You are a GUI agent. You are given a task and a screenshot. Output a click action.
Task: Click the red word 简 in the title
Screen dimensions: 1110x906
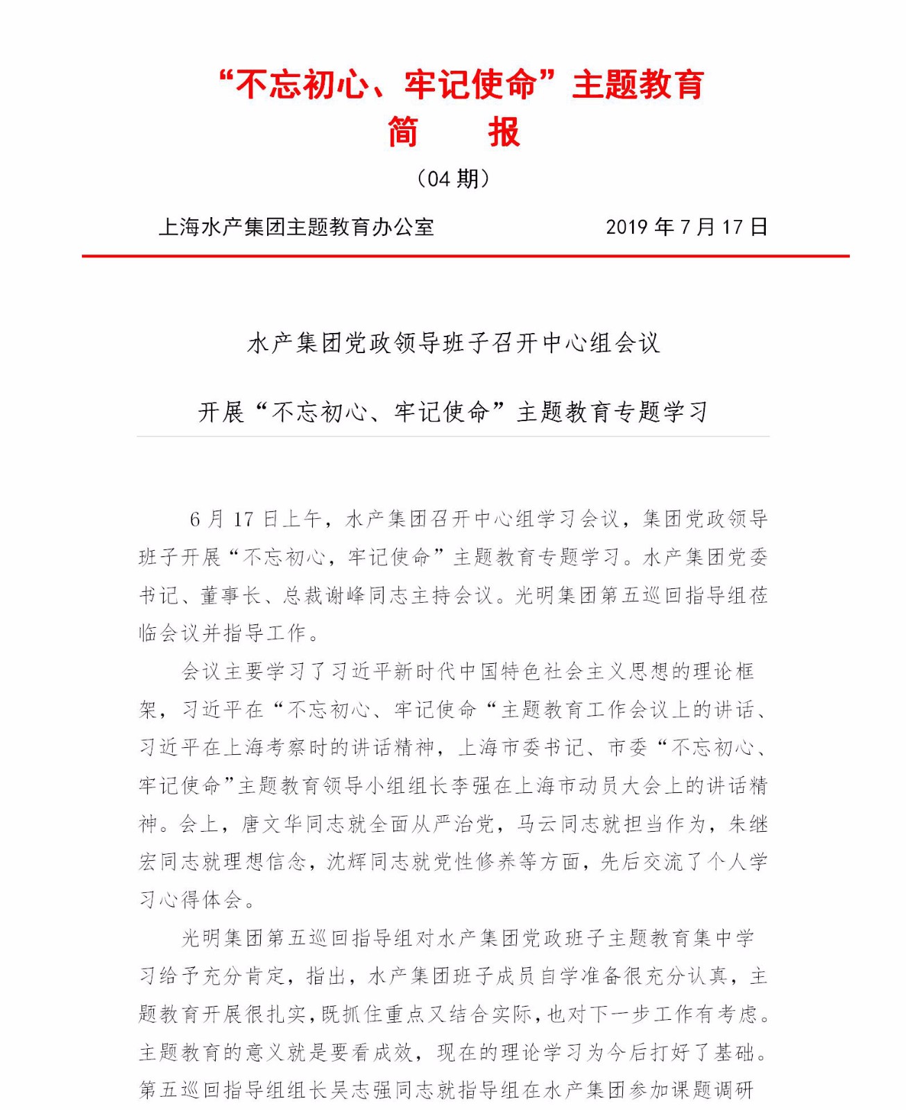pyautogui.click(x=403, y=132)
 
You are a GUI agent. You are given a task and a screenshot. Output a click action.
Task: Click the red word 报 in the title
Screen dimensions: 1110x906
pyautogui.click(x=504, y=132)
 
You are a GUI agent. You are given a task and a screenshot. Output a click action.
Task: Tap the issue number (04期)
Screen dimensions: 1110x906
pyautogui.click(x=454, y=179)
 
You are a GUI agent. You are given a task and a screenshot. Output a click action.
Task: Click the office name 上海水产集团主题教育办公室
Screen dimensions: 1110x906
pyautogui.click(x=296, y=227)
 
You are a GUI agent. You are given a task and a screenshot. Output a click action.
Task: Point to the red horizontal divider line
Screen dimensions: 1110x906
pyautogui.click(x=465, y=256)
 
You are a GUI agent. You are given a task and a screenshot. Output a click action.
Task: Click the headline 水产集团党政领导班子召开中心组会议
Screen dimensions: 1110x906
pyautogui.click(x=454, y=343)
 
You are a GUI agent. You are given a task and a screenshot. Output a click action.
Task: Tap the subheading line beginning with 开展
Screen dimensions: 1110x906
pyautogui.click(x=454, y=412)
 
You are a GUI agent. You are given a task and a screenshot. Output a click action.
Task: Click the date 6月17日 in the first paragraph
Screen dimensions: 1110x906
pyautogui.click(x=233, y=519)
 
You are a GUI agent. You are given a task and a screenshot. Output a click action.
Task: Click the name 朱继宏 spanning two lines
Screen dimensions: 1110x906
pyautogui.click(x=748, y=824)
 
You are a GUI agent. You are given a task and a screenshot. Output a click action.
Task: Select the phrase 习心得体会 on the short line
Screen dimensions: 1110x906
pyautogui.click(x=191, y=900)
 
